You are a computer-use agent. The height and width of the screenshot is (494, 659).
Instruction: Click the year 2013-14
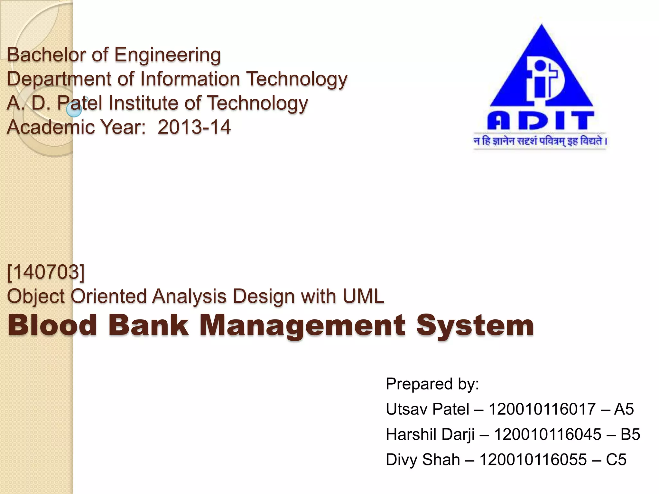click(194, 127)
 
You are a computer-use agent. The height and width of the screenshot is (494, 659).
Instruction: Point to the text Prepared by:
click(432, 384)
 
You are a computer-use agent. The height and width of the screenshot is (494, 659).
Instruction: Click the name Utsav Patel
click(427, 409)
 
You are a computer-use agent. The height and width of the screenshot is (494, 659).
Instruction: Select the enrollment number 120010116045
click(547, 434)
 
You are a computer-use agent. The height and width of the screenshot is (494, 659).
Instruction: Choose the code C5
click(616, 459)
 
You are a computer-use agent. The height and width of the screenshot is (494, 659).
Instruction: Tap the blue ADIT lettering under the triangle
click(540, 121)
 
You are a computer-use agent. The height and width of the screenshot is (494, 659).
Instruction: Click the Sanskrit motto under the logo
click(540, 141)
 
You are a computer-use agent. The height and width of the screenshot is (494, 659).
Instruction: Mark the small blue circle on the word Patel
click(74, 110)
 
